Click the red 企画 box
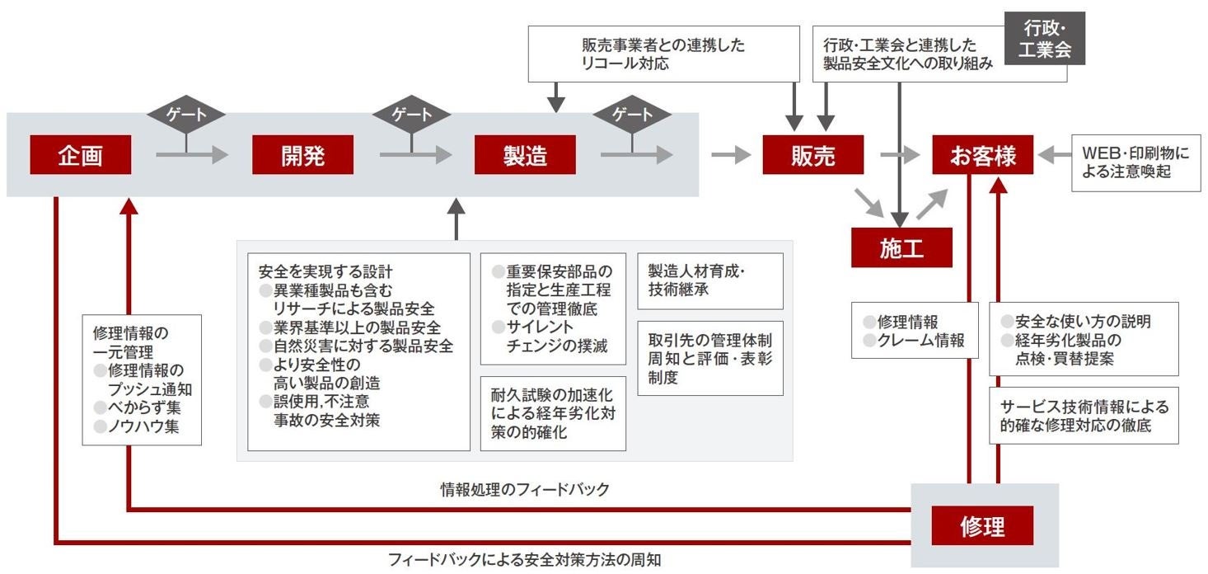(x=81, y=155)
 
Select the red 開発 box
(x=302, y=155)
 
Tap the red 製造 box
(x=525, y=155)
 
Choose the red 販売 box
(x=812, y=155)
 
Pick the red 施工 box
(x=901, y=247)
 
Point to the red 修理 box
(x=982, y=525)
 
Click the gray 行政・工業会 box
(x=1044, y=38)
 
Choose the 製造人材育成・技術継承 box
(x=710, y=280)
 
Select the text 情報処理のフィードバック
(x=525, y=490)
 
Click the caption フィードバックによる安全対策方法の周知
(x=525, y=560)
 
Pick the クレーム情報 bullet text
(x=920, y=340)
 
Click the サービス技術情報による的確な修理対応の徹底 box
(x=1084, y=416)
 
